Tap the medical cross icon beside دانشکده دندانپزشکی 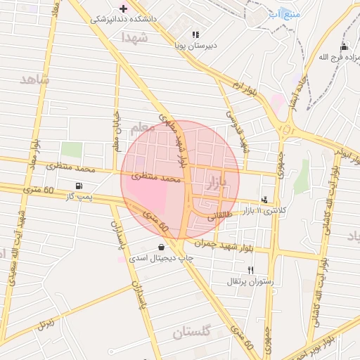point(124,8)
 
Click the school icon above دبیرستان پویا point(195,34)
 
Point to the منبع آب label point(285,13)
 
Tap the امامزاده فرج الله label point(333,56)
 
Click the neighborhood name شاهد point(35,79)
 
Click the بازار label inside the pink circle point(219,185)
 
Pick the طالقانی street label point(220,217)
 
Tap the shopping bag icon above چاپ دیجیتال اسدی point(162,247)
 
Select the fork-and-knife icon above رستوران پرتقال point(250,270)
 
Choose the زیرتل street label point(46,324)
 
